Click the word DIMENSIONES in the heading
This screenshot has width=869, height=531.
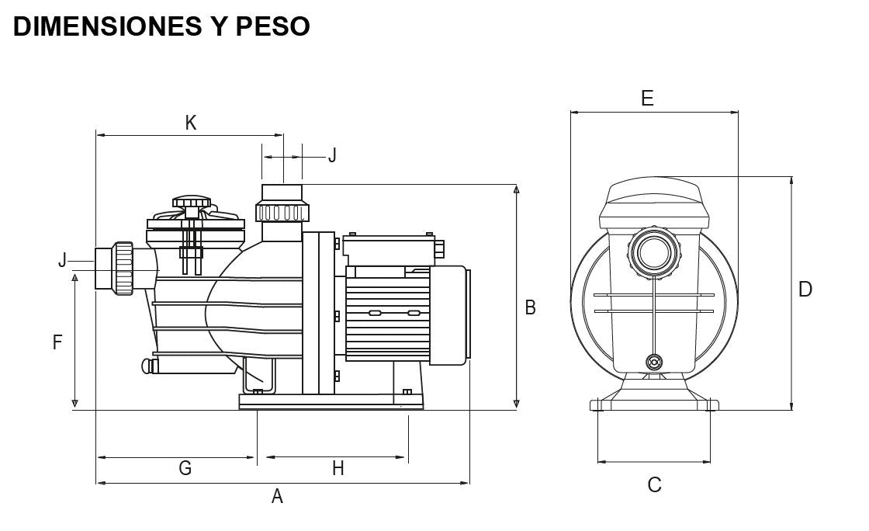click(96, 26)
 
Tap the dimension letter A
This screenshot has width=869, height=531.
click(277, 497)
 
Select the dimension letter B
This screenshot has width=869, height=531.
click(531, 307)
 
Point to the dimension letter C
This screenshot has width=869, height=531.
click(654, 485)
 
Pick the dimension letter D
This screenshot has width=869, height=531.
click(805, 290)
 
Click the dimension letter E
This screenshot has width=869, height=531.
click(647, 99)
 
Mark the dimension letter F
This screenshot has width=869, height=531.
click(57, 342)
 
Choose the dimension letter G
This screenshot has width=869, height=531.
click(185, 468)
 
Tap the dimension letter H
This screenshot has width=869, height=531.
click(338, 468)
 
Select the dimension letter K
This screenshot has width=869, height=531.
click(191, 123)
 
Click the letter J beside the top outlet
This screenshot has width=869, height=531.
click(332, 155)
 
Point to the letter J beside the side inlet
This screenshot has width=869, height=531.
click(62, 260)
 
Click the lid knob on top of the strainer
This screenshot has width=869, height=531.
click(191, 203)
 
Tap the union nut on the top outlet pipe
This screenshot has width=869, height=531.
click(282, 212)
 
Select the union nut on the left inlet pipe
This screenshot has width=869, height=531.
click(123, 269)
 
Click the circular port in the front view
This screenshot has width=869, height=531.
click(653, 250)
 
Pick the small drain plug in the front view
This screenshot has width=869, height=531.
click(654, 362)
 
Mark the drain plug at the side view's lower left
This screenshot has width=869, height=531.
click(146, 365)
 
